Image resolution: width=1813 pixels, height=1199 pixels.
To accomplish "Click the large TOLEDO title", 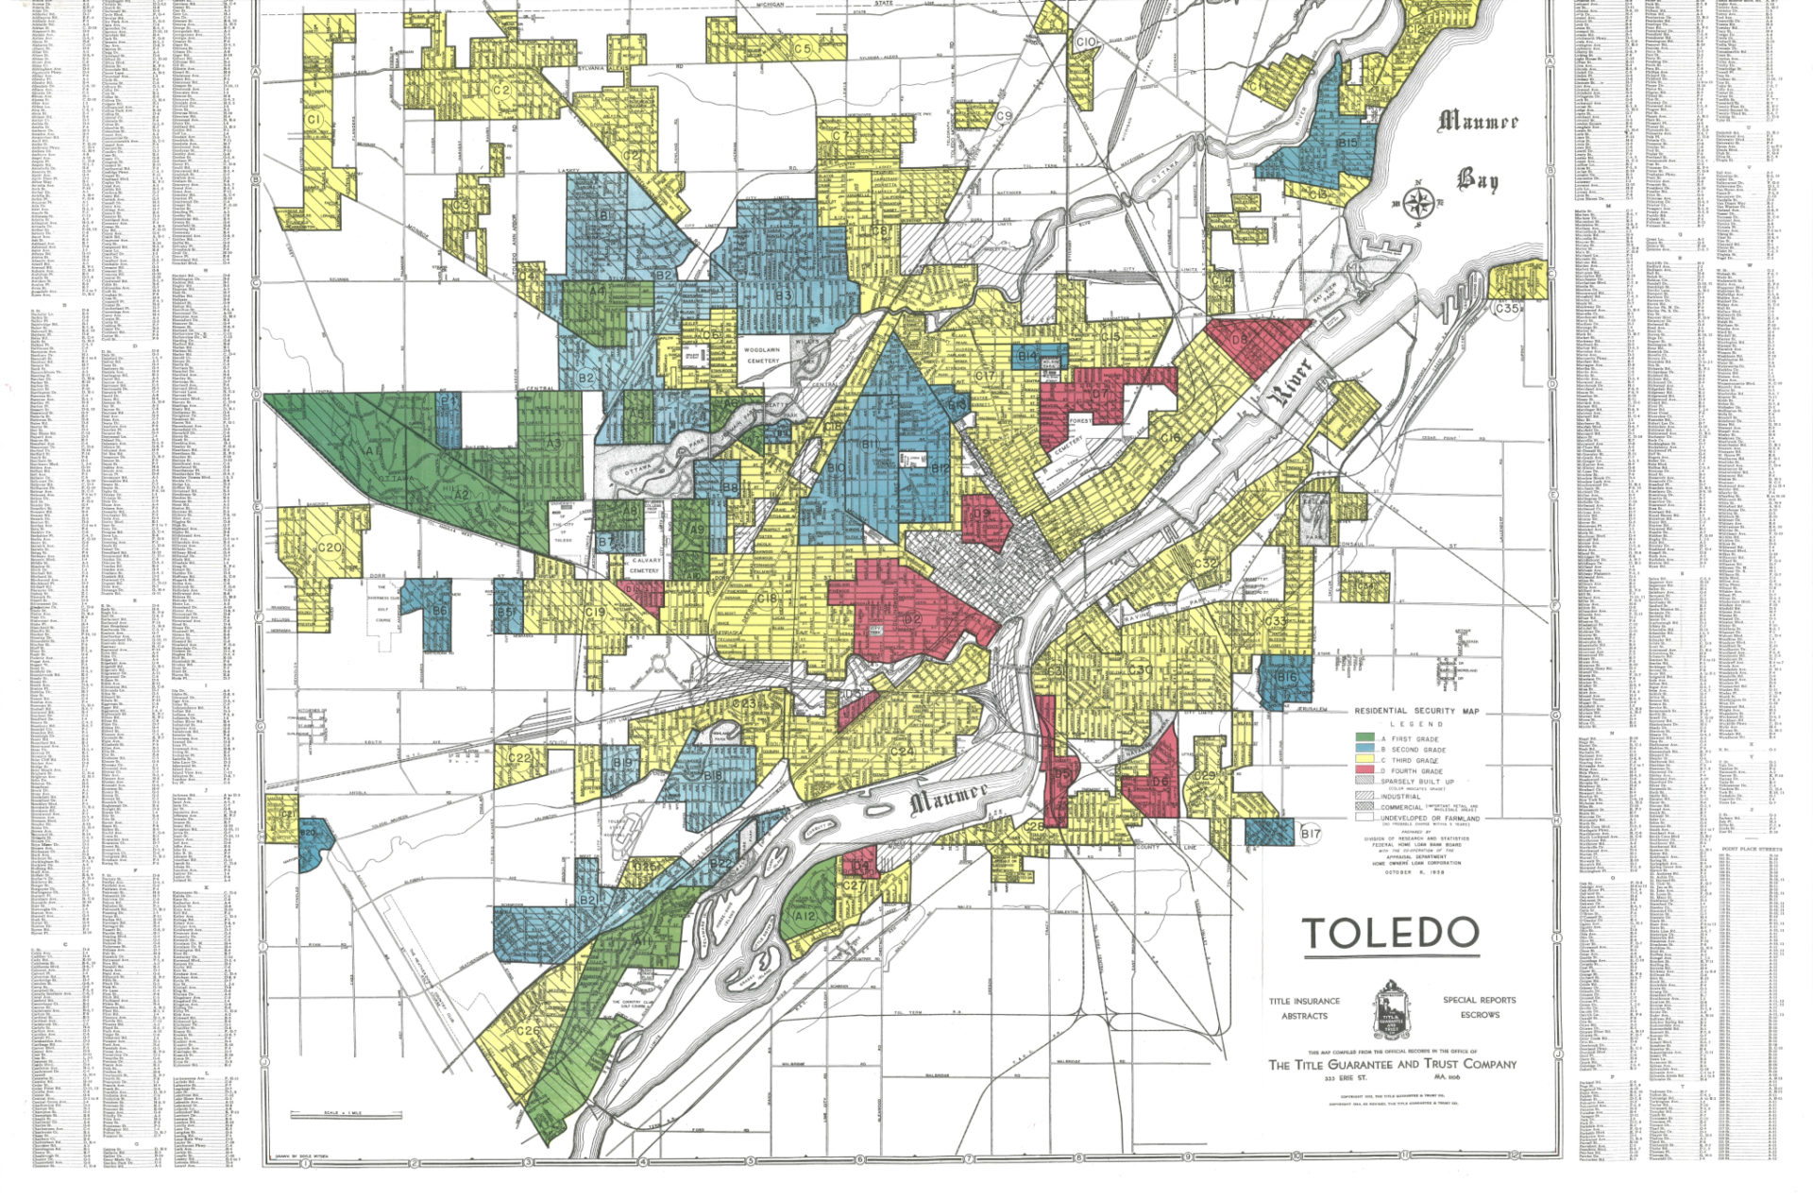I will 1391,934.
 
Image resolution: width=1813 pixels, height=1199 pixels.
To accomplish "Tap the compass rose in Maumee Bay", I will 1419,202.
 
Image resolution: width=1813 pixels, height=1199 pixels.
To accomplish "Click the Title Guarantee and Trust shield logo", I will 1391,1009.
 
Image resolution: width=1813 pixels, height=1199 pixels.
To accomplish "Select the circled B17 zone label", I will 1310,834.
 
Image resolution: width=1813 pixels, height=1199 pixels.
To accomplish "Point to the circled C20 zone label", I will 330,548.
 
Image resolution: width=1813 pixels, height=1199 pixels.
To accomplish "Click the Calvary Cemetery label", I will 645,566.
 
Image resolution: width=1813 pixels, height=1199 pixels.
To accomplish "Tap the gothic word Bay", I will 1478,179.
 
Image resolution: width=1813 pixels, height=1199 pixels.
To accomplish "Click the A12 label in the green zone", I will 805,916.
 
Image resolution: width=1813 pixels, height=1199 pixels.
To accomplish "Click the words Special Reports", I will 1480,1000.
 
